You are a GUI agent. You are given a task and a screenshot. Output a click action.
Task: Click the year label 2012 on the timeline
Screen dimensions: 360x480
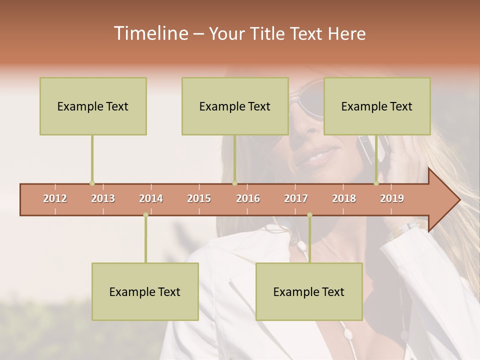(x=55, y=198)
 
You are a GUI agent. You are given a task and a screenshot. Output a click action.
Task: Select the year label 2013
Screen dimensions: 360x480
(x=103, y=198)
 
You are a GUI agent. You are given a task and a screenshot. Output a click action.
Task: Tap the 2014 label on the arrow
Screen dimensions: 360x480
(x=151, y=198)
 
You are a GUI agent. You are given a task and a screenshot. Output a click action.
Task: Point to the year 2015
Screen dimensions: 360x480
(x=199, y=198)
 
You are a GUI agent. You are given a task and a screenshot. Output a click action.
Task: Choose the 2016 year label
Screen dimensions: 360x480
(x=248, y=198)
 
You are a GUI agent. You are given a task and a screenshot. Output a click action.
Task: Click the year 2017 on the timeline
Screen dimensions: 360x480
(x=296, y=198)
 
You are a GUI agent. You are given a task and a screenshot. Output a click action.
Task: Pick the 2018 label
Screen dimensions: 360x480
(x=344, y=198)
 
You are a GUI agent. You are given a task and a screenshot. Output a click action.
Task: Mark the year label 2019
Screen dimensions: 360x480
(x=392, y=198)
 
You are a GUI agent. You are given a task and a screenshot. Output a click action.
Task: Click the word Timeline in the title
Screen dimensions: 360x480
(x=150, y=33)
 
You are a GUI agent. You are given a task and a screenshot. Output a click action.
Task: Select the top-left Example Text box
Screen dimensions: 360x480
(x=93, y=106)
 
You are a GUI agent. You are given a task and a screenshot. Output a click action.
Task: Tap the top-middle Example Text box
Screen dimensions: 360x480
(x=235, y=106)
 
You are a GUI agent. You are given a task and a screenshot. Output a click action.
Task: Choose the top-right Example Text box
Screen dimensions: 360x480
(x=377, y=106)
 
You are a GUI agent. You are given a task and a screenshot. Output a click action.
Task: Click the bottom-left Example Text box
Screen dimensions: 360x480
(x=145, y=291)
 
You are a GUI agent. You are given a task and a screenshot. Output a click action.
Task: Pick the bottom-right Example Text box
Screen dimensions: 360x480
(x=309, y=291)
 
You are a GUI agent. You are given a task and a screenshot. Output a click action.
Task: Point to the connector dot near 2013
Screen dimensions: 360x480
(x=92, y=183)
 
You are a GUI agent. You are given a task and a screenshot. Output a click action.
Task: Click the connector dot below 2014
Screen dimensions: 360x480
(x=145, y=215)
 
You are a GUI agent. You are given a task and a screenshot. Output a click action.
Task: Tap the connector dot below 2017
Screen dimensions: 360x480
(x=309, y=215)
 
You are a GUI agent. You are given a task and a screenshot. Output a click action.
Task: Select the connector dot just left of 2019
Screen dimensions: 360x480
(x=376, y=183)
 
